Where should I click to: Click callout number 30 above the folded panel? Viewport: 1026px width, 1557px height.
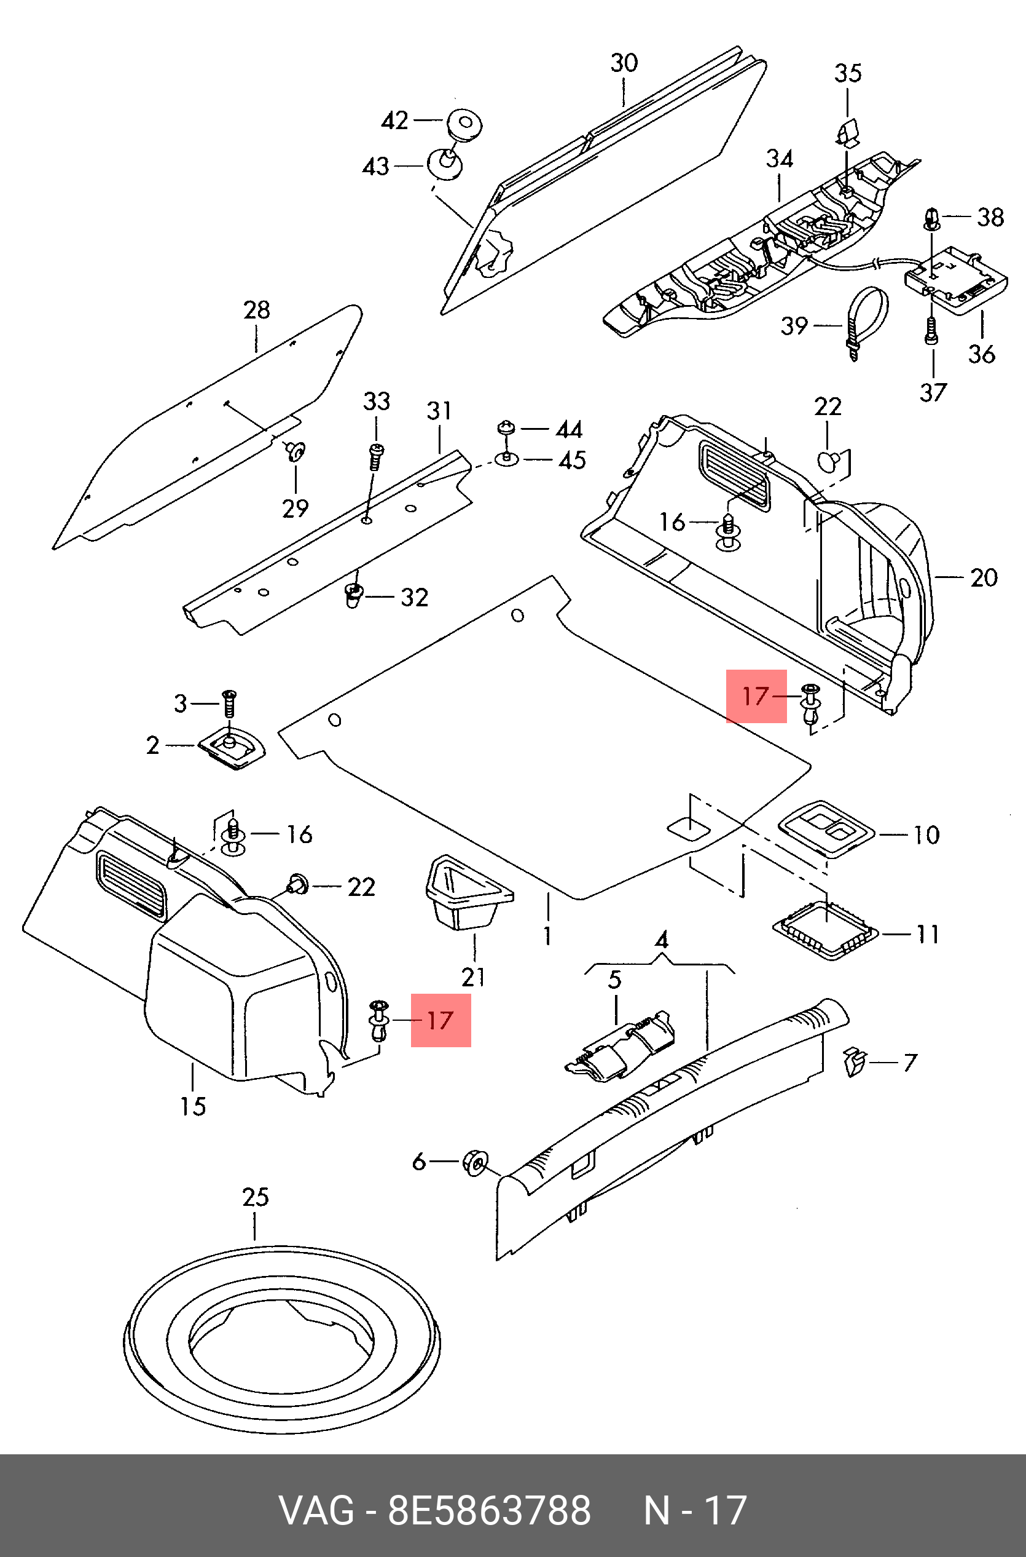coord(624,63)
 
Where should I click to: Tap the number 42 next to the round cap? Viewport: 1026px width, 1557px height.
coord(394,121)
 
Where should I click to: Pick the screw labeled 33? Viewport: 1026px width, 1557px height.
coord(376,456)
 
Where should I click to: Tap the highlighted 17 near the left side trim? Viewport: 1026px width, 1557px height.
coord(441,1020)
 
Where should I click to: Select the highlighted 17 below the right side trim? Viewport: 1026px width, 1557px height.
coord(756,696)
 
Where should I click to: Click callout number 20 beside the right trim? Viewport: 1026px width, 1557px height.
coord(984,577)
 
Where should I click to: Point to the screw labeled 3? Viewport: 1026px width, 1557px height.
coord(229,704)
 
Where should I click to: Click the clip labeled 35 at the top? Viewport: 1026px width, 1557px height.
coord(847,132)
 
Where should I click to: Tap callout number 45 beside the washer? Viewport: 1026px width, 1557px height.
coord(572,461)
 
